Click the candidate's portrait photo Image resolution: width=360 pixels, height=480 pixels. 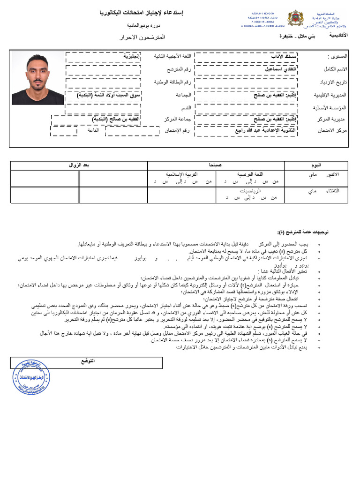[x=38, y=78]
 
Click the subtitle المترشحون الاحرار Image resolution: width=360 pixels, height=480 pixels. [x=149, y=36]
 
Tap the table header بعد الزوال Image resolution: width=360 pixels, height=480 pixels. [x=79, y=165]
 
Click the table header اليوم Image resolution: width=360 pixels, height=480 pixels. [x=317, y=165]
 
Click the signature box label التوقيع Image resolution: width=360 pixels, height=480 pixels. [x=87, y=361]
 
